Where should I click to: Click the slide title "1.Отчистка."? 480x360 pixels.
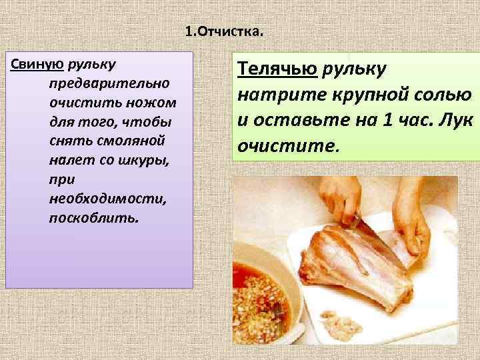coord(225,31)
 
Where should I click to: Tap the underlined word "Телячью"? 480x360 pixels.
coord(277,68)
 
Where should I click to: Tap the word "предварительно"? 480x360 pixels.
coord(109,85)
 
